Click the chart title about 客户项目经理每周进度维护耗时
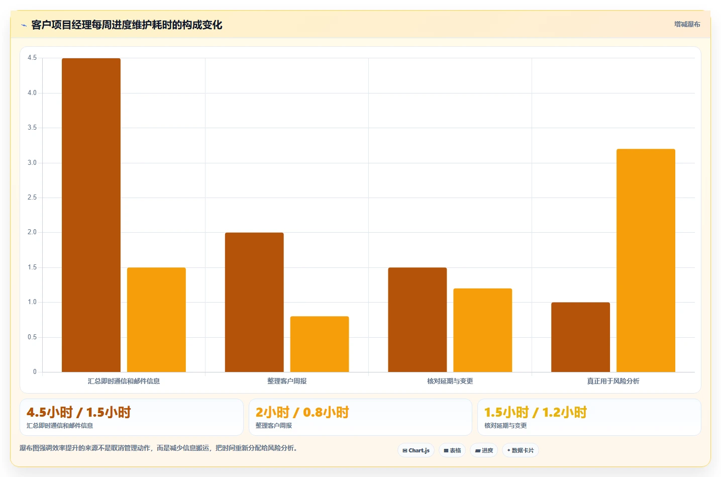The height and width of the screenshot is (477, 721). click(x=127, y=25)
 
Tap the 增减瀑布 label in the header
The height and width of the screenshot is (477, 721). click(x=687, y=25)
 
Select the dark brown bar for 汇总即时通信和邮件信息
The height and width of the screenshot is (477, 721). click(x=91, y=215)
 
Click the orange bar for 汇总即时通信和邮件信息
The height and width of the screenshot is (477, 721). click(x=156, y=320)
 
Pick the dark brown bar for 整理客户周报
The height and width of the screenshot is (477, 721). click(x=254, y=302)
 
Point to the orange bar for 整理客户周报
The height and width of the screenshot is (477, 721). click(x=320, y=344)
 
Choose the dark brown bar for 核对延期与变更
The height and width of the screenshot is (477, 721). click(x=418, y=320)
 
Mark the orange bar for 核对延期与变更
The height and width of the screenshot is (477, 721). click(x=483, y=330)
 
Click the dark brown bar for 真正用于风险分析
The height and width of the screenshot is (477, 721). click(x=581, y=337)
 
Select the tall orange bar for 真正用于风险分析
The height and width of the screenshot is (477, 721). click(x=646, y=260)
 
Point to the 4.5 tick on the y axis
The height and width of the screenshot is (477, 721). click(x=32, y=58)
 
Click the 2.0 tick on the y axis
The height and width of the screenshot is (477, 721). click(x=32, y=232)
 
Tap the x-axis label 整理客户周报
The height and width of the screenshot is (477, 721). click(x=287, y=381)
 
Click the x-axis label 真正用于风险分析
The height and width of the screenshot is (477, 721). click(x=613, y=381)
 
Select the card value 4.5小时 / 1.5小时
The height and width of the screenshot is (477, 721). click(x=78, y=412)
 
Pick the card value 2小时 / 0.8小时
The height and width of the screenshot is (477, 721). click(x=302, y=412)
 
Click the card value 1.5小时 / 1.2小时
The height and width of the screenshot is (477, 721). click(x=536, y=412)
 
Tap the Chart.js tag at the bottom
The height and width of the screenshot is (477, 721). click(x=416, y=450)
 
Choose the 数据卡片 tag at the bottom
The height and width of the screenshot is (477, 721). click(x=521, y=450)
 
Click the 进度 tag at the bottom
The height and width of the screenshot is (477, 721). click(x=484, y=450)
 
